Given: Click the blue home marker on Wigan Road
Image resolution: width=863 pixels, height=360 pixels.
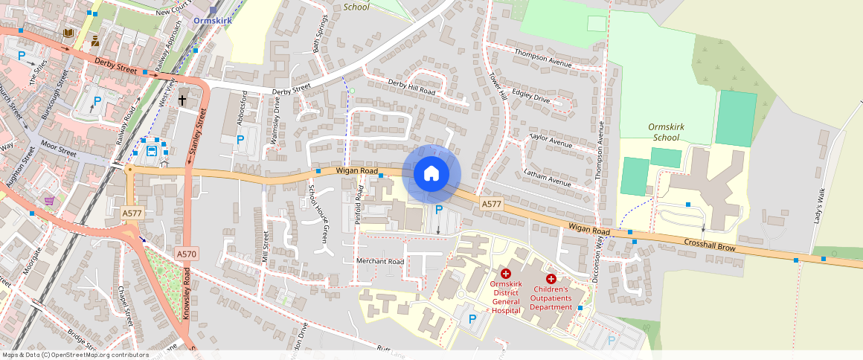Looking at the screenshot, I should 431,174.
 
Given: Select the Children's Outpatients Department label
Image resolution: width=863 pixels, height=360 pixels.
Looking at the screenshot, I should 551,298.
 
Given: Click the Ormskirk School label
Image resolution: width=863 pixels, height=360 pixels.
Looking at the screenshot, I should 665,132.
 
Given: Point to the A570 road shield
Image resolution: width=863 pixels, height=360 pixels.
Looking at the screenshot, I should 187,254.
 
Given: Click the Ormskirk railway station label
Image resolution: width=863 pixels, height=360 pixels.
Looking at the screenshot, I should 212,21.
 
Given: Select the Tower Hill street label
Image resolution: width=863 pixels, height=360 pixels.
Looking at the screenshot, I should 498,86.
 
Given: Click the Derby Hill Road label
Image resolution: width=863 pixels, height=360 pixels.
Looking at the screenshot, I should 411,86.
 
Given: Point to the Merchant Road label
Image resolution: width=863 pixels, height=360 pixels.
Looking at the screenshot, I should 379,262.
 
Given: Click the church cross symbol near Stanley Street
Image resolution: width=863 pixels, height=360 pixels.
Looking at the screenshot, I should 182,99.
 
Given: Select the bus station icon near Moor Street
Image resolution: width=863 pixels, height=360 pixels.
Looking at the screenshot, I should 152,151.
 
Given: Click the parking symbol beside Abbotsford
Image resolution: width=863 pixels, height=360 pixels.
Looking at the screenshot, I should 240,139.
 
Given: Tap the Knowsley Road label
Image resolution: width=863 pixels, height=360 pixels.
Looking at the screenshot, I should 187,295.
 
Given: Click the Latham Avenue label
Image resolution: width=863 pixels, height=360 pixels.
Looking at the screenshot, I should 547,179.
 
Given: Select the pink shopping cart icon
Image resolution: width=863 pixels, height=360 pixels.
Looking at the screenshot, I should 49,201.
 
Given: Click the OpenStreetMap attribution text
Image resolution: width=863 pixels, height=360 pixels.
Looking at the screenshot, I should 74,355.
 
